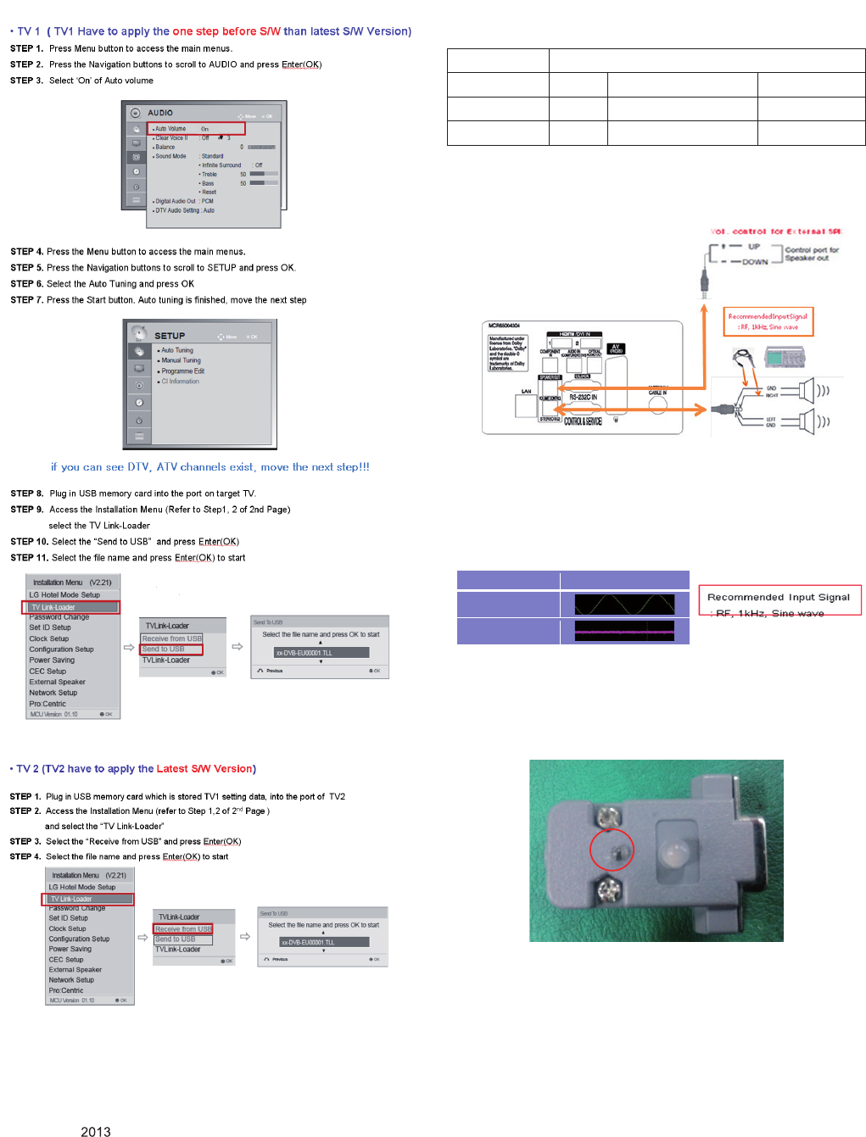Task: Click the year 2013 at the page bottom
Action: pyautogui.click(x=96, y=1131)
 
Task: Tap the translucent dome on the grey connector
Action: pyautogui.click(x=673, y=853)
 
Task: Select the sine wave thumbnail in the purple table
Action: pyautogui.click(x=624, y=605)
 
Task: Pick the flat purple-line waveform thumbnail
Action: pyautogui.click(x=624, y=631)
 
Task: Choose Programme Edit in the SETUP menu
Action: pyautogui.click(x=182, y=371)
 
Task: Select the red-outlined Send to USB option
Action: pyautogui.click(x=171, y=649)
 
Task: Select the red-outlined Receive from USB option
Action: pyautogui.click(x=183, y=929)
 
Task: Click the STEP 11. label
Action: pyautogui.click(x=29, y=558)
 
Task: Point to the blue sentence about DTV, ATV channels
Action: pyautogui.click(x=210, y=467)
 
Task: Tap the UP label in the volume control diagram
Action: pyautogui.click(x=754, y=247)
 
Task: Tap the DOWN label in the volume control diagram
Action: pyautogui.click(x=755, y=262)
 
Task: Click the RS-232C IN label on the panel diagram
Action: pyautogui.click(x=583, y=397)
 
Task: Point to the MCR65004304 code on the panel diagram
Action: pyautogui.click(x=504, y=326)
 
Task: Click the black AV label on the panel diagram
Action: pyautogui.click(x=616, y=348)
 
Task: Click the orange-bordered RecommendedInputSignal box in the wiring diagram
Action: pyautogui.click(x=768, y=321)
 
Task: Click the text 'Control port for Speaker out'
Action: pyautogui.click(x=812, y=254)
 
